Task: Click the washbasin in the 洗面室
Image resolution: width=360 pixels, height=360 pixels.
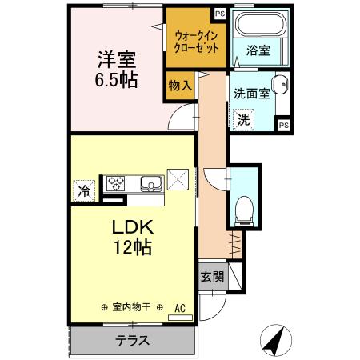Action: pos(280,85)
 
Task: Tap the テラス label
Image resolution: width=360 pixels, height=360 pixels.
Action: pos(132,339)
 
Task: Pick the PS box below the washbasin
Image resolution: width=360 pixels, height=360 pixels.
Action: pos(283,124)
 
